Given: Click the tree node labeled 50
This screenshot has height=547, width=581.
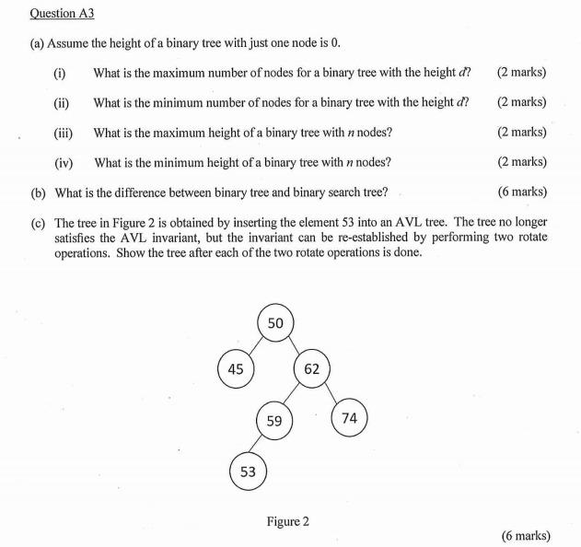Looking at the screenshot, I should pos(275,322).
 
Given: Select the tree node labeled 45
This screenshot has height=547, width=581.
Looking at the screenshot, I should pos(236,369).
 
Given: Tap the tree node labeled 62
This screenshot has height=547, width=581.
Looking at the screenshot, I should pos(311,369).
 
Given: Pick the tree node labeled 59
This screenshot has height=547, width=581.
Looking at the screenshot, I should pos(274,422).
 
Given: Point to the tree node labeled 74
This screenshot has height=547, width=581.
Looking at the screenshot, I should pos(349,418).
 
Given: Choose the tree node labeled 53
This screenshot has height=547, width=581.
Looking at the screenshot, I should pos(248,471).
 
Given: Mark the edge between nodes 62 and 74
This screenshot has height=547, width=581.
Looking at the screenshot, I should pos(331,394).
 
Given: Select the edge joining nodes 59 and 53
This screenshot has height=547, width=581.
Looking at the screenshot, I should pos(261,448).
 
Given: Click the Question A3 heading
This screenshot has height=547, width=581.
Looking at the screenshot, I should pos(63,14).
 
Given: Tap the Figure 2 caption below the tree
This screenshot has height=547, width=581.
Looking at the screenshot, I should pos(287,521).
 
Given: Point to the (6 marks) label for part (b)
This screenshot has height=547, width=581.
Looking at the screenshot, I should pos(521,192).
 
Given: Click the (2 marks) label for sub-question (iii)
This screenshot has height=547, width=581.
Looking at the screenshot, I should pos(521,132).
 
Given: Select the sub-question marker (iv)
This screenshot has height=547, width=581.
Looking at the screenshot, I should pos(64,162).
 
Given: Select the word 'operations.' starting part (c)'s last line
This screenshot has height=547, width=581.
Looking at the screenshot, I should pos(84,252).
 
